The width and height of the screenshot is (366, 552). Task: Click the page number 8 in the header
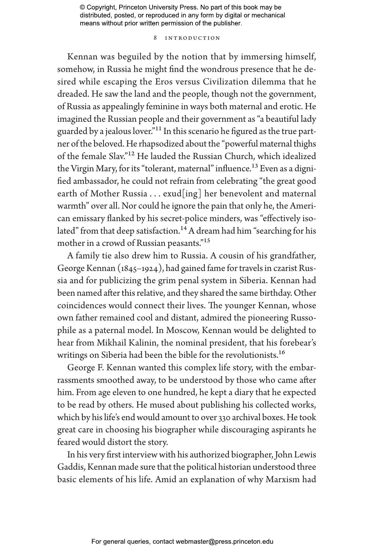pyautogui.click(x=155, y=38)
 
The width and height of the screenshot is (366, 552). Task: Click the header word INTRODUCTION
pyautogui.click(x=193, y=38)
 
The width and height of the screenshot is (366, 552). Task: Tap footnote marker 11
pyautogui.click(x=158, y=129)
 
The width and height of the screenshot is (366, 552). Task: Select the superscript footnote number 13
pyautogui.click(x=255, y=166)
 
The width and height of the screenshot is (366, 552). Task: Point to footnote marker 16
pyautogui.click(x=281, y=353)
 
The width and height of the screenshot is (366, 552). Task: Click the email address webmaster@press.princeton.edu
pyautogui.click(x=224, y=542)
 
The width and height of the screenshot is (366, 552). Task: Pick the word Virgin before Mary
pyautogui.click(x=82, y=169)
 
